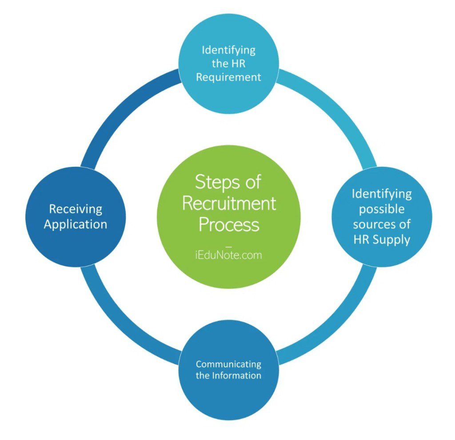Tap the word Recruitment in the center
click(229, 203)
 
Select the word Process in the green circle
click(229, 224)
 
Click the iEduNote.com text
click(229, 255)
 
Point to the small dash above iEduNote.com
click(229, 245)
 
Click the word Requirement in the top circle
click(228, 77)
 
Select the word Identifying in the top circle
click(228, 49)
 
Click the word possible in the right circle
click(382, 209)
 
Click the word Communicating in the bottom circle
click(228, 364)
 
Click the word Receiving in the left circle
click(76, 209)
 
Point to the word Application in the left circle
click(76, 224)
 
